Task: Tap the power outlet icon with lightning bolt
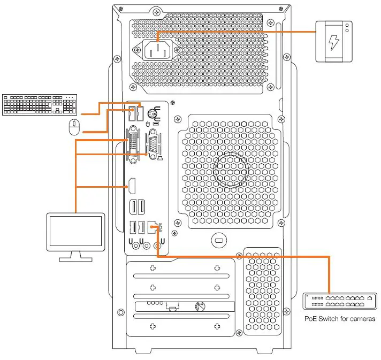point(333,42)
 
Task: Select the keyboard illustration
point(40,104)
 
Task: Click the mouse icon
point(74,127)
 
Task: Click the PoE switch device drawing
point(340,301)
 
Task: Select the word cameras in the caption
point(362,319)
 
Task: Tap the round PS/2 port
point(152,113)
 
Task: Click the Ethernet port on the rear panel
point(154,228)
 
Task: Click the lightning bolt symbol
point(333,42)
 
